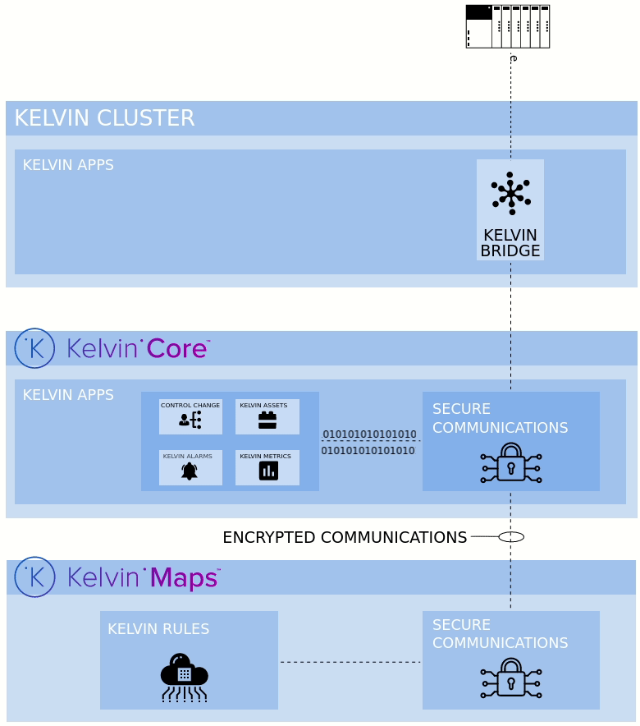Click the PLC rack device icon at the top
507,26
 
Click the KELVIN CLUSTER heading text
104,118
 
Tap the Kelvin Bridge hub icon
510,194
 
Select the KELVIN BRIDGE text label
510,243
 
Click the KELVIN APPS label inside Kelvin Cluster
68,165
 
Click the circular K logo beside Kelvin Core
34,348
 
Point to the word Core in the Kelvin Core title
177,349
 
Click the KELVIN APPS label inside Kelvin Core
68,395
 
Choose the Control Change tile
190,416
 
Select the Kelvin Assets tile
267,416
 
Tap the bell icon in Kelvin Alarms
190,471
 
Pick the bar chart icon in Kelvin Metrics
268,471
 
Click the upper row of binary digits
369,434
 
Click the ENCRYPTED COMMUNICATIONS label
344,538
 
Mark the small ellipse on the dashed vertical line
511,537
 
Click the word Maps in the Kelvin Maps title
185,578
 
